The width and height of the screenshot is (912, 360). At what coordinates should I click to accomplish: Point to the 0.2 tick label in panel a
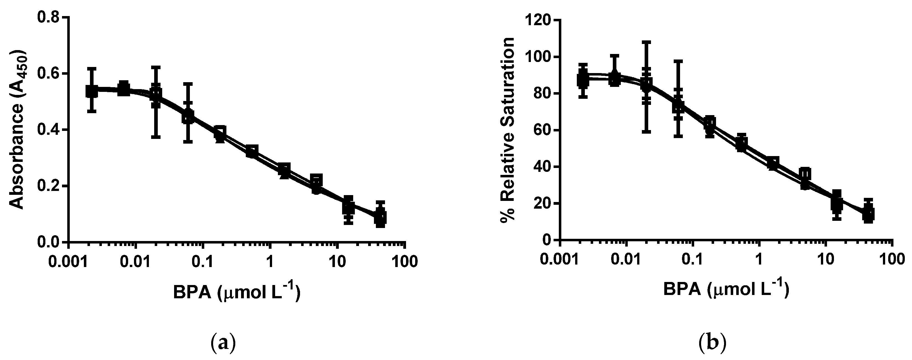coord(50,186)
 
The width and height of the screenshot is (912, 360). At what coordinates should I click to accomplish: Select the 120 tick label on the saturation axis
coord(537,20)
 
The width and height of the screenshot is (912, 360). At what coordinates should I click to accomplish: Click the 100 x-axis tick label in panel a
coord(404,261)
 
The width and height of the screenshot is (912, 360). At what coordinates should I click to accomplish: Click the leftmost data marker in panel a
coord(92,92)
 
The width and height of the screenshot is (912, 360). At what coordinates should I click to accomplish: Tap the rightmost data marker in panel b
coord(868,214)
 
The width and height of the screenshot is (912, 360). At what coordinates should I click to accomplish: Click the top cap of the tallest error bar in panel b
coord(647,42)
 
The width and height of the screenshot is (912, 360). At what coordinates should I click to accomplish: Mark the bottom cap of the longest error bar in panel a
coord(156,137)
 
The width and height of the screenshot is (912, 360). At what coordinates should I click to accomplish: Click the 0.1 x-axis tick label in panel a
coord(203,261)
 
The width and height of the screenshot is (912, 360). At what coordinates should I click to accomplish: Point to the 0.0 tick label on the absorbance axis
coord(50,242)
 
